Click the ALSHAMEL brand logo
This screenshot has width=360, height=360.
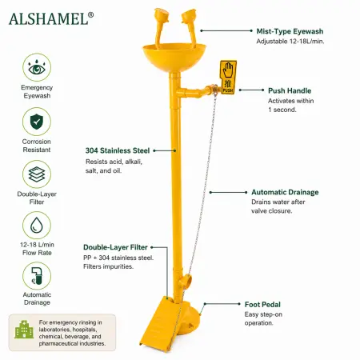coord(51,19)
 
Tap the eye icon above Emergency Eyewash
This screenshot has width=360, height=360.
coord(37,67)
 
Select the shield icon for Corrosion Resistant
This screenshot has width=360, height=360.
coord(37,122)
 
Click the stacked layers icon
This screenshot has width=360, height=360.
coord(37,174)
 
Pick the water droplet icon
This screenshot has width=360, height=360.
coord(37,225)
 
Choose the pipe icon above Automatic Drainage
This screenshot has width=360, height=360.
coord(37,276)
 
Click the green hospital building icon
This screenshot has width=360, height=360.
coord(24,330)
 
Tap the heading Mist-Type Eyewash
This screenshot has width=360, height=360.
coord(290,31)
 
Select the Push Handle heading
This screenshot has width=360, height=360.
coord(290,90)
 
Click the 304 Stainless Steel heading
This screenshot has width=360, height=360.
coord(118,150)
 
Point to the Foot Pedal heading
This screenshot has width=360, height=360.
coord(262,305)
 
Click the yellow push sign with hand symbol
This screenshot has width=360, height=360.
coord(228,78)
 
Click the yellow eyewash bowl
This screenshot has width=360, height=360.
coord(174,58)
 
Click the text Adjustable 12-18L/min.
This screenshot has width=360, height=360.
coord(290,42)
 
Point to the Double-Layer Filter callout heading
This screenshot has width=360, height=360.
coord(115,247)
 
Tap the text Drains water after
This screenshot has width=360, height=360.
coord(278,202)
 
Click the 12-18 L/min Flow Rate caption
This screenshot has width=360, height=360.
coord(37,249)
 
